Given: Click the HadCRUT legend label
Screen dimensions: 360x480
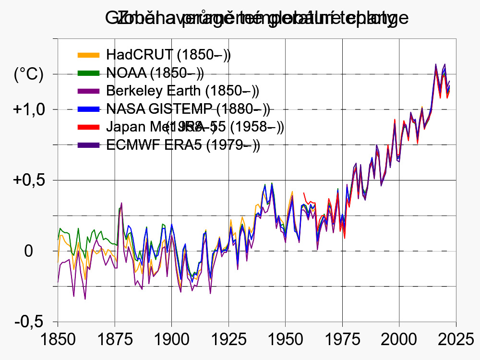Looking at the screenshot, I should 168,55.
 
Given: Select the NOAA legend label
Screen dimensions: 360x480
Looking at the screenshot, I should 155,73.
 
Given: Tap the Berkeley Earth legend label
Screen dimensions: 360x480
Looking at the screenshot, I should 182,91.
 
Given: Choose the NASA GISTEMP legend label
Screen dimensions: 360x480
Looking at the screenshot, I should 188,109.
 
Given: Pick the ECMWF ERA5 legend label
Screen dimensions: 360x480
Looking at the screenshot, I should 183,145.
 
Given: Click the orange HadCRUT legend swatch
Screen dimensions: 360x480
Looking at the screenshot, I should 88,55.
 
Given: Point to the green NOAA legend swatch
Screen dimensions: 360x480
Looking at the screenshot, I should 88,73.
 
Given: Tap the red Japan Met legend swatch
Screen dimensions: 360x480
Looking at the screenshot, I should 88,127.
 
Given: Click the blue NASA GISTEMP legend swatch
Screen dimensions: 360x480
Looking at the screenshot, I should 88,109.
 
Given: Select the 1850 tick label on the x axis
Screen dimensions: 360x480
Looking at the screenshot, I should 58,339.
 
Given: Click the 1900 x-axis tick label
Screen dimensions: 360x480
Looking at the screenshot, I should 171,339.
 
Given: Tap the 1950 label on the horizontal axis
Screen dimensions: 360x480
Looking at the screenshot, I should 285,339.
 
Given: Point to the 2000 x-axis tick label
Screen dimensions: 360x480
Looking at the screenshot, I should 399,339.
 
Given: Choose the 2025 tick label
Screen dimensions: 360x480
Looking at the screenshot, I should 455,339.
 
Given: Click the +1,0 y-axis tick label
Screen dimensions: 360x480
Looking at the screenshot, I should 29,109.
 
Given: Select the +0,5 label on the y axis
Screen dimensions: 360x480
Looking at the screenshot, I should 29,180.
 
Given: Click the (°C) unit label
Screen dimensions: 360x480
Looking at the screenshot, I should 29,74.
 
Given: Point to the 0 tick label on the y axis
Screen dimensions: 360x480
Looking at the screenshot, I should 29,251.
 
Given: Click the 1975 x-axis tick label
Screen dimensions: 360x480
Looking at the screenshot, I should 342,339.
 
